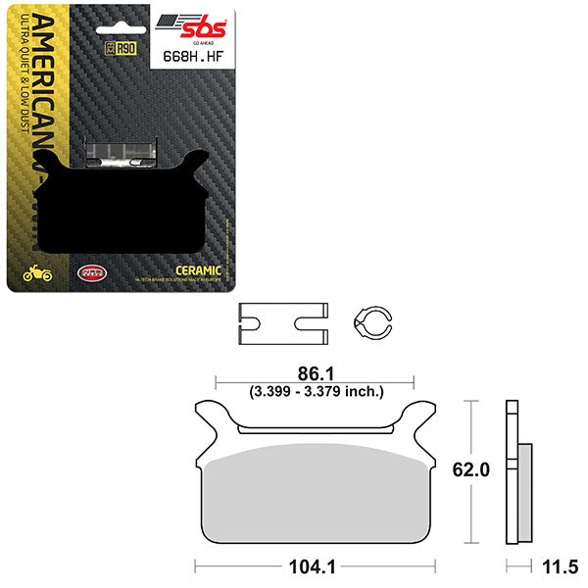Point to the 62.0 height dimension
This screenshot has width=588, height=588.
pyautogui.click(x=490, y=469)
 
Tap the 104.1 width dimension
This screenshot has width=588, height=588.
pyautogui.click(x=313, y=565)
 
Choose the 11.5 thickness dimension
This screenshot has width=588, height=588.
pyautogui.click(x=559, y=565)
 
